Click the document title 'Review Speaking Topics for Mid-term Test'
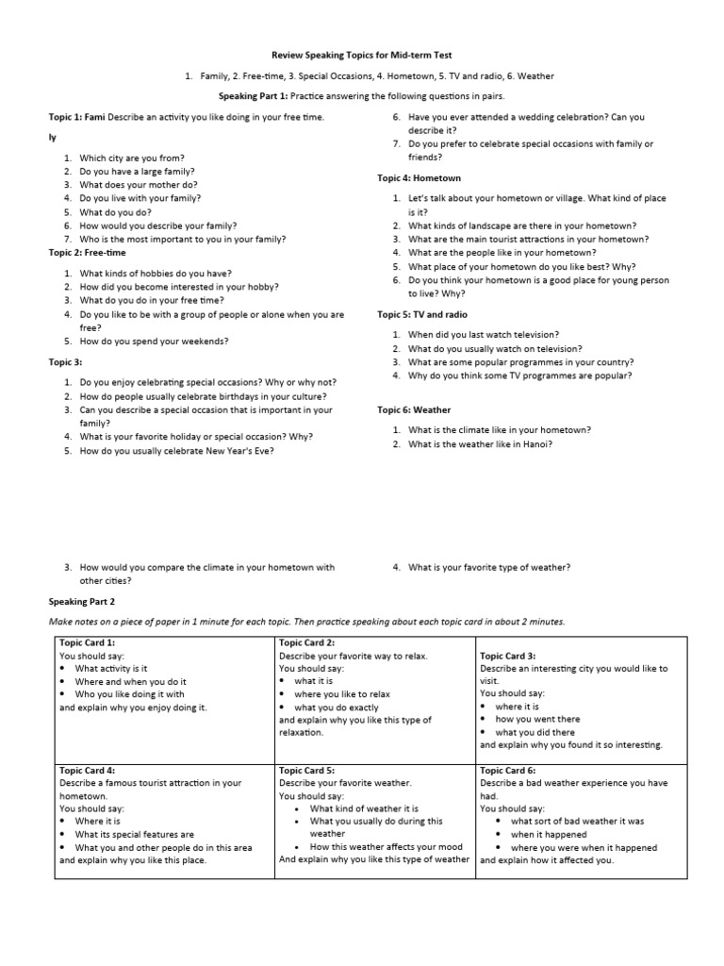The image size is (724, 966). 362,56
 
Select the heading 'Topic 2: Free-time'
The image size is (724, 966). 87,253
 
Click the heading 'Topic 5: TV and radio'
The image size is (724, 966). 422,314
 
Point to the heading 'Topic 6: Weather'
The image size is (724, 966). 414,410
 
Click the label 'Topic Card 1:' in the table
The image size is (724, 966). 88,642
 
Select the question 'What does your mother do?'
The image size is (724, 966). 138,186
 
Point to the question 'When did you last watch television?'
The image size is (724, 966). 483,335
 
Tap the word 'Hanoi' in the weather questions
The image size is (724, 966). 534,443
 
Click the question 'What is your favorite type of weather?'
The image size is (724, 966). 488,567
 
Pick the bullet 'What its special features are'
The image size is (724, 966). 134,834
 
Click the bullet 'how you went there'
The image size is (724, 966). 537,719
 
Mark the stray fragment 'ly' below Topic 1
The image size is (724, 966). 53,138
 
